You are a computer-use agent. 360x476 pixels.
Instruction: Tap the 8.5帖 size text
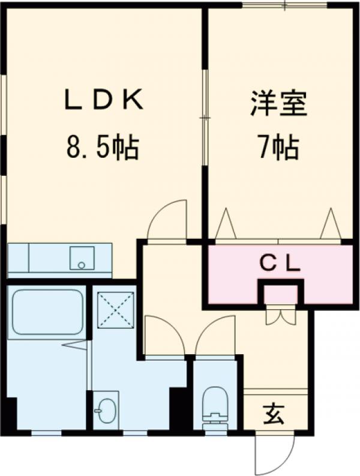(103, 147)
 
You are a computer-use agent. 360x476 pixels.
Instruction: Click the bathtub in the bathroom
(47, 313)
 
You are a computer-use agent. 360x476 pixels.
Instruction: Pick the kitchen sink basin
(80, 258)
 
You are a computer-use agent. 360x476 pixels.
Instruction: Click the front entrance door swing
(274, 453)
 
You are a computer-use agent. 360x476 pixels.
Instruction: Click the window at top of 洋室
(285, 5)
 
